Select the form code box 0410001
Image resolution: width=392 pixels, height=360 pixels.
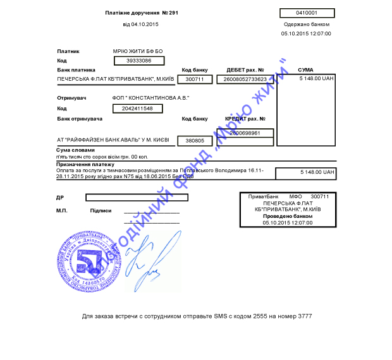click(x=307, y=13)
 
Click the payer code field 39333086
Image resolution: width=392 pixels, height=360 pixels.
click(x=138, y=61)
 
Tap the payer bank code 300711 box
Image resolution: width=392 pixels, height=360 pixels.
click(x=194, y=79)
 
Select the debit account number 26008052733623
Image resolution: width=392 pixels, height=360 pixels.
click(x=245, y=79)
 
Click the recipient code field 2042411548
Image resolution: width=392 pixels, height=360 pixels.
click(x=138, y=109)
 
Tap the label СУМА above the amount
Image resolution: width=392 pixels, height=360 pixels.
click(x=305, y=69)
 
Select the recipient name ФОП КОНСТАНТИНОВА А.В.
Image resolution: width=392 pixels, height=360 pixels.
click(x=150, y=98)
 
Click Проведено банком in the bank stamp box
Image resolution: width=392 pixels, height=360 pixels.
click(x=288, y=216)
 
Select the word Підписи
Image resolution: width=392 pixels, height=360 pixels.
click(x=101, y=210)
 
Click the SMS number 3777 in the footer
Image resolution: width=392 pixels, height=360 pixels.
click(x=304, y=316)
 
